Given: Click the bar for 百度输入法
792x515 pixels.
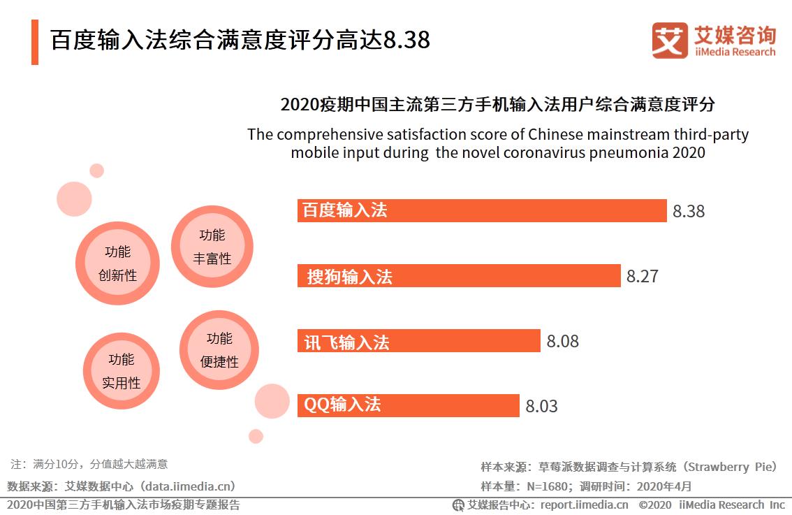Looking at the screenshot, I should pos(482,210).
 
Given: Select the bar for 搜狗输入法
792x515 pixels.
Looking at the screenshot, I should pos(459,275).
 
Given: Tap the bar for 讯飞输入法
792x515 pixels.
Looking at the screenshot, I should pos(419,340).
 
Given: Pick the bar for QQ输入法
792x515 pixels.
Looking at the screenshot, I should pos(409,405).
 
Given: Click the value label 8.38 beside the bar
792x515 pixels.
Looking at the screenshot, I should pos(689,211).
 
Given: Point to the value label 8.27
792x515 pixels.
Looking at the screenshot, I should pos(642,276).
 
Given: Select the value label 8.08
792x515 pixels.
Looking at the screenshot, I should pos(562,341).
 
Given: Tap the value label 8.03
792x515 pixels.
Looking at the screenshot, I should pos(541,406).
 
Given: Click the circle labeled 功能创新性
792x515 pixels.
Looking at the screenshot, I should pos(117,263).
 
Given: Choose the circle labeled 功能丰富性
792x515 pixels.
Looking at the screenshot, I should pos(212,247).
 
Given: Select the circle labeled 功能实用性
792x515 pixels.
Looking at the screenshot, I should pos(122,370).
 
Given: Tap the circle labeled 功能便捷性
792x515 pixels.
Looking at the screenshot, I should pos(219,350).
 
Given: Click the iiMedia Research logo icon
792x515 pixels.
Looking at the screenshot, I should pos(669,40).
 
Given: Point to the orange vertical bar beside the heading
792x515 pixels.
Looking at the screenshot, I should pos(35,42).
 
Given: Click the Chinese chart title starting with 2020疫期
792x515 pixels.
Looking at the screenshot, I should pos(497,105).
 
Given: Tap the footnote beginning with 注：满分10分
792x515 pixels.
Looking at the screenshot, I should pos(89,463).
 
